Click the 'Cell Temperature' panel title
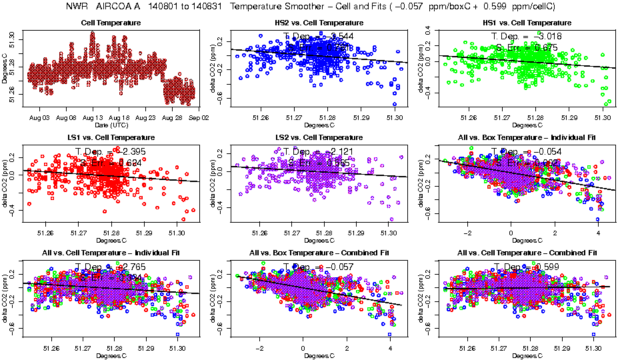coord(111,23)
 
